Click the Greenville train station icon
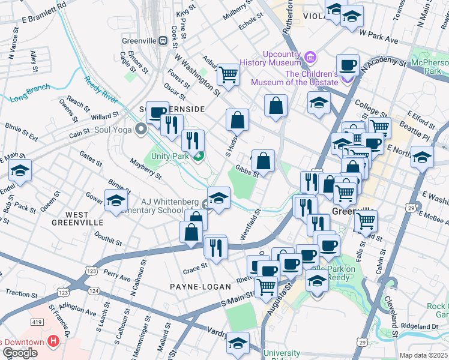[x=163, y=40]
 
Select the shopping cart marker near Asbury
[x=228, y=74]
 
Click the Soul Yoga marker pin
[x=141, y=128]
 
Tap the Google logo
[x=20, y=353]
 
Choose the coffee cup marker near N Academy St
[x=348, y=65]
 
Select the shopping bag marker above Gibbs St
[x=263, y=161]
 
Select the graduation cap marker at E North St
[x=423, y=158]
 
